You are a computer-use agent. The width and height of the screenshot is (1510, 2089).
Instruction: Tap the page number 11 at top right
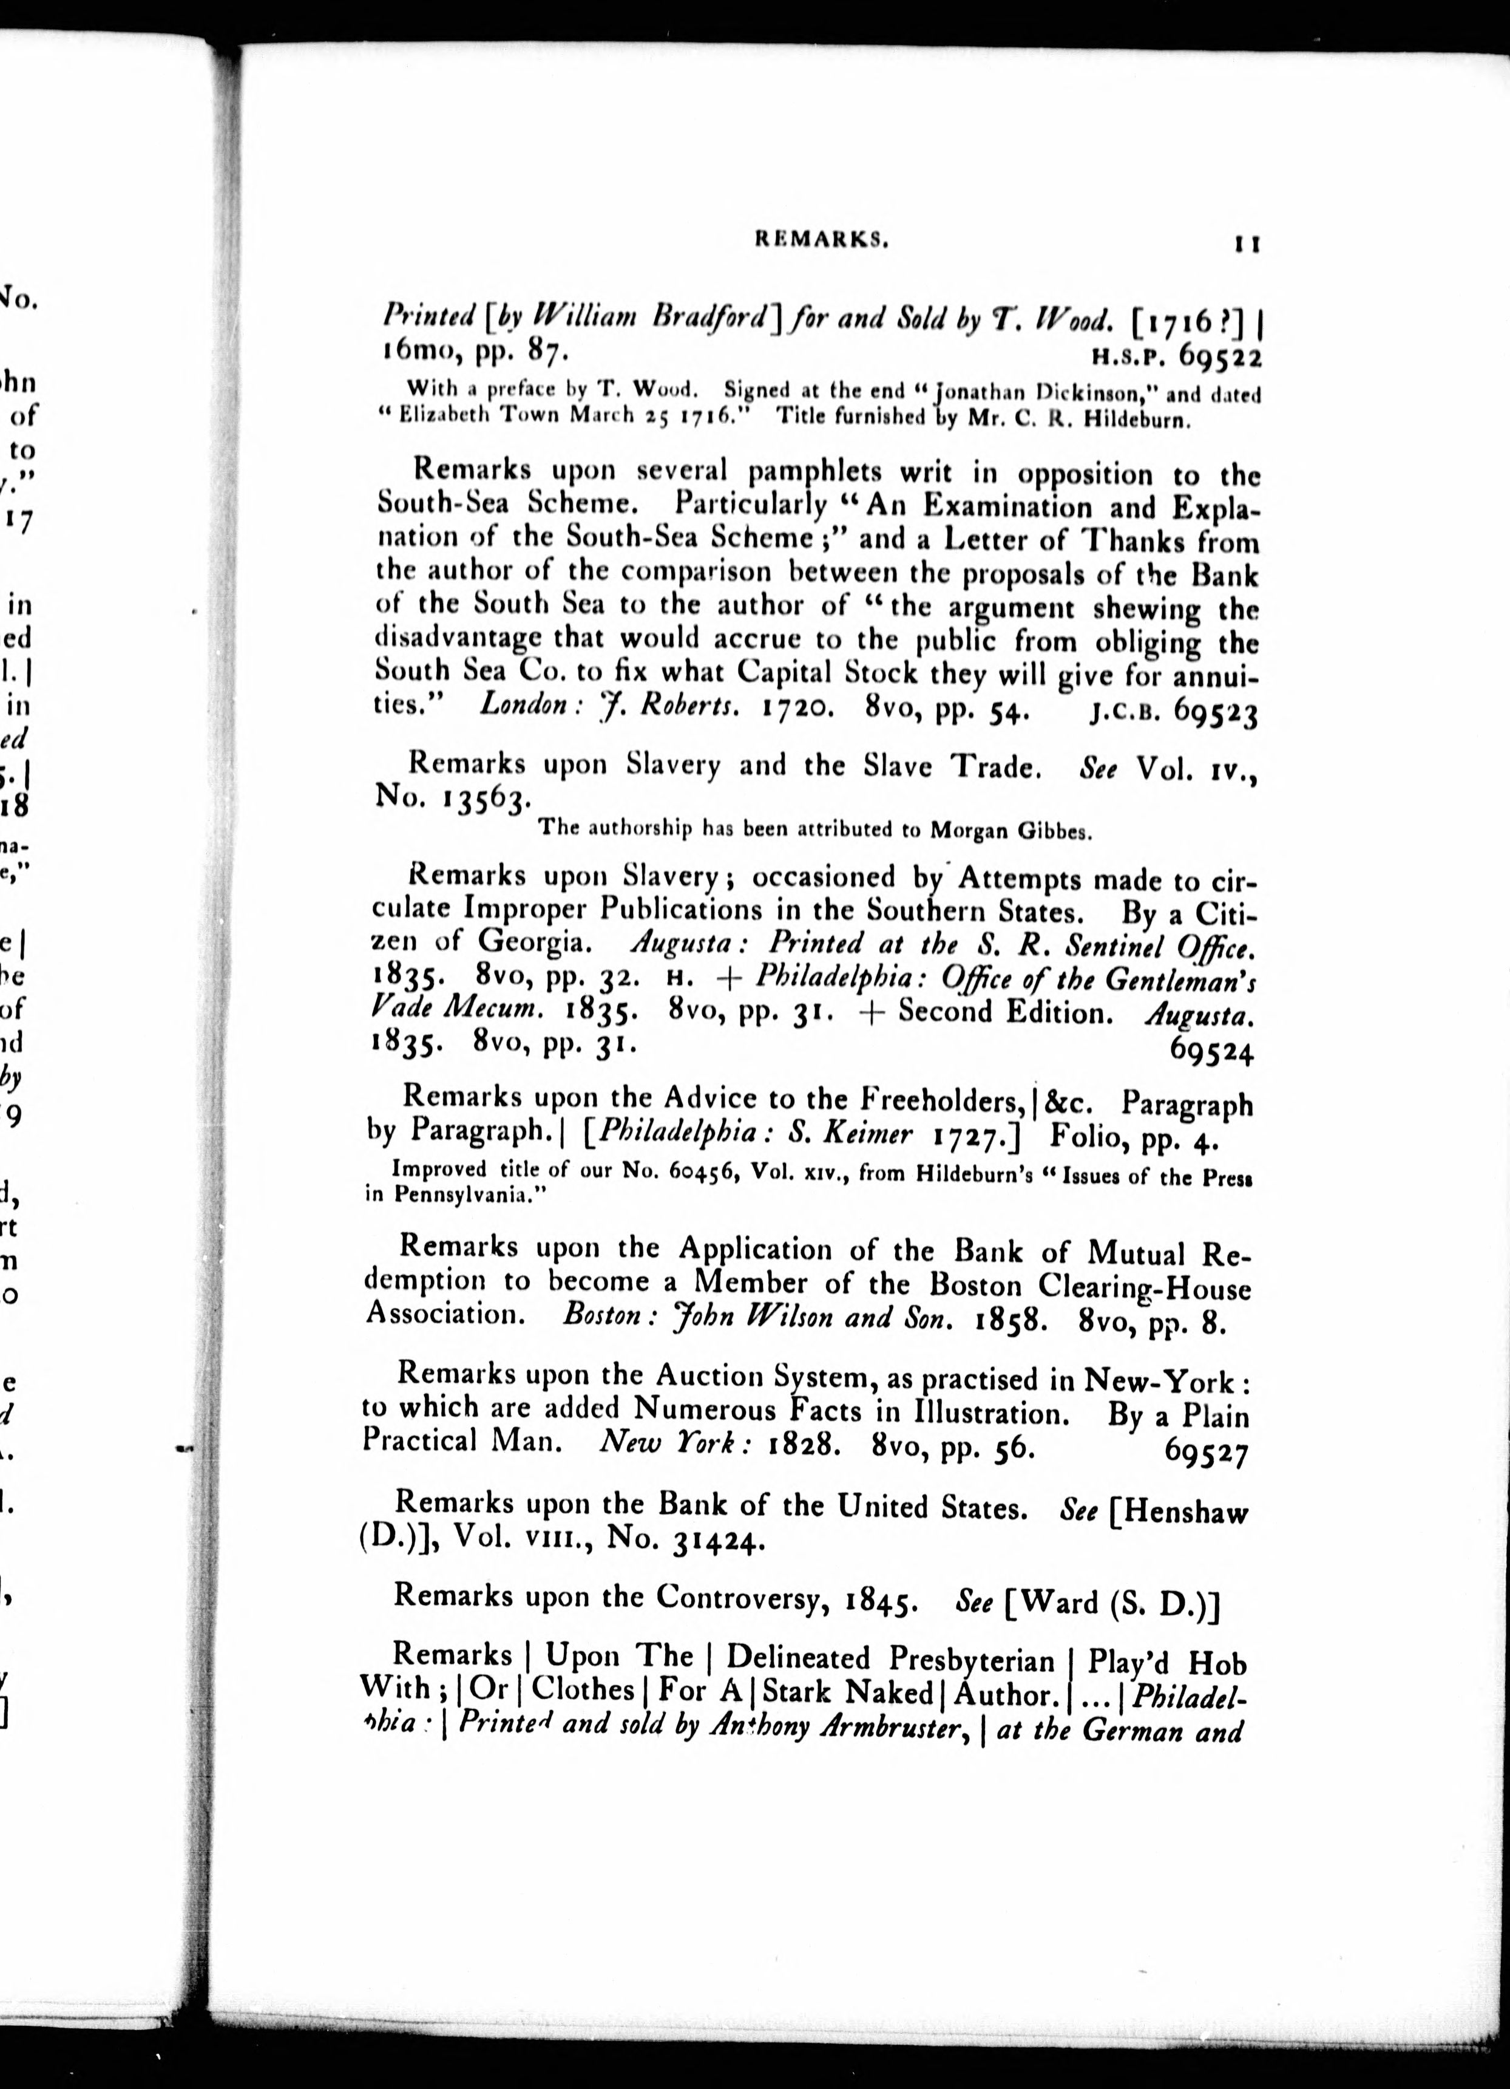1246,244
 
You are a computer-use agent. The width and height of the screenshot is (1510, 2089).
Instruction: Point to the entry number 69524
1211,1051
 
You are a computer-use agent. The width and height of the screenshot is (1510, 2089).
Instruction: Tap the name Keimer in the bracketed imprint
870,1134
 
